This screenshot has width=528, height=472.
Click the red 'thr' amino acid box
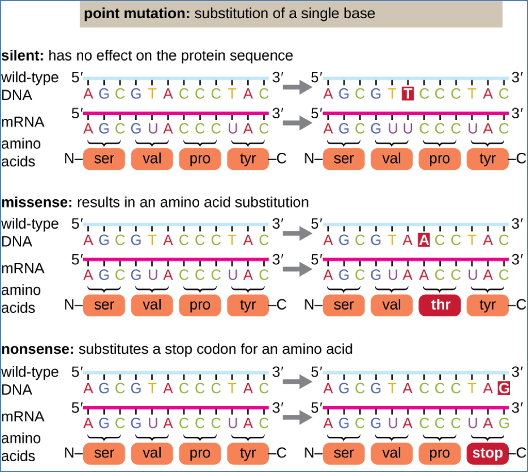tap(439, 306)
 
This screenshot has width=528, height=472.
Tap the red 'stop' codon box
tap(488, 453)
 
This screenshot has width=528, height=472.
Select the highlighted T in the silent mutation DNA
tap(407, 94)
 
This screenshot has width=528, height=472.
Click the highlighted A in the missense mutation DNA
tap(423, 241)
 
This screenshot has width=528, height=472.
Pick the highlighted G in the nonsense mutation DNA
tap(503, 389)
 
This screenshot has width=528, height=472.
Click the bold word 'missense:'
tap(36, 202)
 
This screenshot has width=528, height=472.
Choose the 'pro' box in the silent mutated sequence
tap(439, 159)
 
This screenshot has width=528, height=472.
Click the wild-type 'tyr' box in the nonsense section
tap(248, 453)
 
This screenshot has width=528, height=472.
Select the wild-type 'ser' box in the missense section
tap(104, 306)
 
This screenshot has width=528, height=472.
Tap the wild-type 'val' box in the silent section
tap(152, 159)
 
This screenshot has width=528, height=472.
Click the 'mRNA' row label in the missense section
tap(23, 268)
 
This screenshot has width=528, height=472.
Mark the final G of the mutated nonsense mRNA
tap(503, 423)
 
